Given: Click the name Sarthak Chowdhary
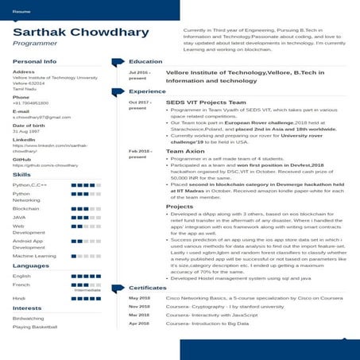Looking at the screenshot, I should [80, 33].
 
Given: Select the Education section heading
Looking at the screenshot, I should [145, 61].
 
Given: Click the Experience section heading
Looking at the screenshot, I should [148, 91].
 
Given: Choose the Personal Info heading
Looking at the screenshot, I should [34, 61].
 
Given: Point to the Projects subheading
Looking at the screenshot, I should [179, 207].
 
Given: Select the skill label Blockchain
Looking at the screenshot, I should [26, 207].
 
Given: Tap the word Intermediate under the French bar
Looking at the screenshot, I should [86, 290].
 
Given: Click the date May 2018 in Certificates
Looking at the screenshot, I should [139, 298].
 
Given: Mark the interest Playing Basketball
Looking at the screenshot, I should [34, 327].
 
